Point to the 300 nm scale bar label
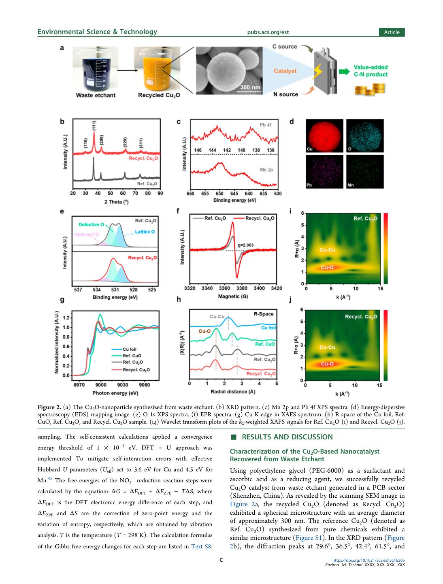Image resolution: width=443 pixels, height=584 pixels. tap(250, 87)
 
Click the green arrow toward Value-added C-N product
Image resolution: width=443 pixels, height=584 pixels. tap(344, 71)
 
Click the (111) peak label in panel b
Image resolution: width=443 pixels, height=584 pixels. tap(94, 125)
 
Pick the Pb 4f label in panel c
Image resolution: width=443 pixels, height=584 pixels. tap(265, 125)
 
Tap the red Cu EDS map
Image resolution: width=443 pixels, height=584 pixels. tap(324, 135)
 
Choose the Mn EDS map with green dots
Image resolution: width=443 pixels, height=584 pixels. tap(365, 172)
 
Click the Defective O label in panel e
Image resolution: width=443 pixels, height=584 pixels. tap(91, 224)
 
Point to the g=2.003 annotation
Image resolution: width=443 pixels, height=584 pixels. tap(245, 245)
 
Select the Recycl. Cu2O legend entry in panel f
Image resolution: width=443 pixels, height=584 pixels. tap(254, 218)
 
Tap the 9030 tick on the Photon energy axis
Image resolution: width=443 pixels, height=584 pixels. tap(123, 384)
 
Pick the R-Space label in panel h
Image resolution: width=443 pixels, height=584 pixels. tap(263, 314)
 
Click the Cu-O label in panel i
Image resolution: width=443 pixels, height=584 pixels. tap(327, 267)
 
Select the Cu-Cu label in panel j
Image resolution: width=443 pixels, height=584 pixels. tap(327, 347)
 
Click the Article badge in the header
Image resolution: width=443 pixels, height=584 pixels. tap(392, 32)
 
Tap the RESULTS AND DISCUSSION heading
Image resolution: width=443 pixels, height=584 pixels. tap(287, 437)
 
